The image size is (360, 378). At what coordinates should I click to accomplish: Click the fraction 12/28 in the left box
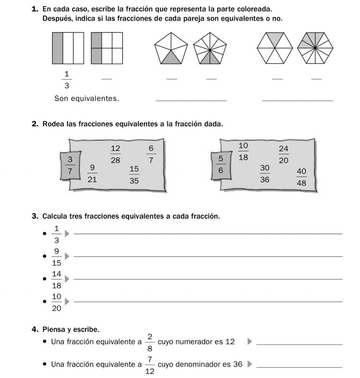[x=115, y=154]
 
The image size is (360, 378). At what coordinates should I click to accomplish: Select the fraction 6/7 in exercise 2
[x=151, y=154]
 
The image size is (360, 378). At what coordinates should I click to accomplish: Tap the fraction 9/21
[x=92, y=173]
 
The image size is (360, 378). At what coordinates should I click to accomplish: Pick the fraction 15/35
[x=134, y=175]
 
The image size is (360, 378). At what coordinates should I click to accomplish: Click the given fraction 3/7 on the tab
[x=70, y=165]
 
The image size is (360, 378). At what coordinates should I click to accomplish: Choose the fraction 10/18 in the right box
[x=243, y=151]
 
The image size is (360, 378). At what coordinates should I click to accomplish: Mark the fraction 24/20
[x=283, y=154]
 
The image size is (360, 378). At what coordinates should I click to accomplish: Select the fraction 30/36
[x=265, y=173]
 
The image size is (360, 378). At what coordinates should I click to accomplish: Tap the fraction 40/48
[x=301, y=177]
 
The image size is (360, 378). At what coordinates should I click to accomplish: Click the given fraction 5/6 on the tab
[x=221, y=165]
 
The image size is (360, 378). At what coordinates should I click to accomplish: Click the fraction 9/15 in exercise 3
[x=57, y=257]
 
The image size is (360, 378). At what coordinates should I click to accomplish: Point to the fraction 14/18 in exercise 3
[x=57, y=279]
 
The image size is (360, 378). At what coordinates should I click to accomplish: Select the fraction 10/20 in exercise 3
[x=57, y=302]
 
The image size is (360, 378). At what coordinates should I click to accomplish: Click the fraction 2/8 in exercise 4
[x=150, y=342]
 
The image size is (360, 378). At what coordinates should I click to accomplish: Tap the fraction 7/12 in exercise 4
[x=150, y=364]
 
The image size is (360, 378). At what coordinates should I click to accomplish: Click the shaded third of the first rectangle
[x=57, y=48]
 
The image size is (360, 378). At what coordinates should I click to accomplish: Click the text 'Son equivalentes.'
[x=87, y=98]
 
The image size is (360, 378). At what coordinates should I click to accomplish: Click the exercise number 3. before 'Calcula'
[x=35, y=216]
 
